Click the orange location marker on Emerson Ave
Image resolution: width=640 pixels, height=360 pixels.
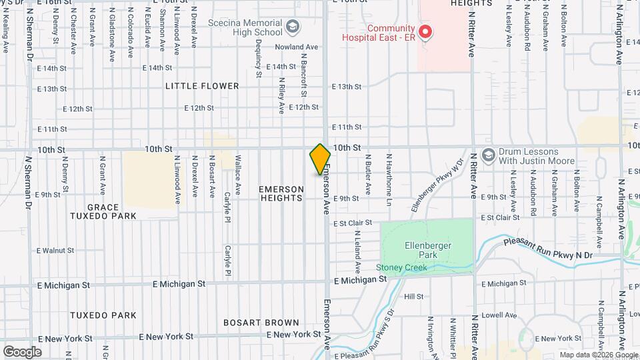tap(320, 159)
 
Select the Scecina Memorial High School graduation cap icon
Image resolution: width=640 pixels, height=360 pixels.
tap(291, 27)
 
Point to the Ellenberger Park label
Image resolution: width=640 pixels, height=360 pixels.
tap(428, 250)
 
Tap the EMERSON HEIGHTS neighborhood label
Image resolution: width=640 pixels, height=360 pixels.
tap(281, 194)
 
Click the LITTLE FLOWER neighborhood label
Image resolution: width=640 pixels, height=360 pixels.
tap(202, 86)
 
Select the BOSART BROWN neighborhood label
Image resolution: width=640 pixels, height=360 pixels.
tap(261, 323)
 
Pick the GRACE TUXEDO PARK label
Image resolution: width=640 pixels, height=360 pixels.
tap(103, 211)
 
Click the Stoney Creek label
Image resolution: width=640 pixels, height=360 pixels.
tap(400, 268)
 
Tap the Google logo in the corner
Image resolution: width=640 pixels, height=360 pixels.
tap(22, 351)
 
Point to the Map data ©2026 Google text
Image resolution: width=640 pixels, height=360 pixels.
tap(598, 355)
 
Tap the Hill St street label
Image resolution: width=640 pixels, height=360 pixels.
tap(414, 297)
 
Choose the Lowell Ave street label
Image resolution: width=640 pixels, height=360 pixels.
tap(503, 315)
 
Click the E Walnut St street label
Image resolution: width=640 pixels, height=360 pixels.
tap(55, 251)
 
